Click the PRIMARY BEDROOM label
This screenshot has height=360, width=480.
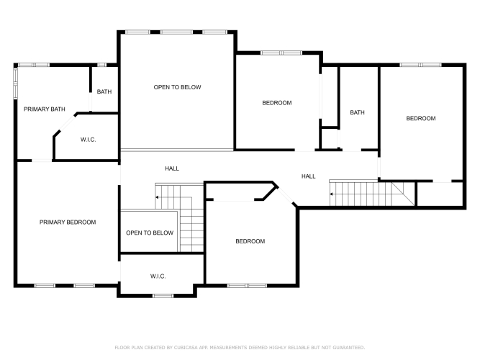(x=68, y=222)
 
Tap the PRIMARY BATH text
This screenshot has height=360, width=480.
(x=45, y=109)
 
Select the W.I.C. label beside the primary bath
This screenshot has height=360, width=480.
(x=89, y=140)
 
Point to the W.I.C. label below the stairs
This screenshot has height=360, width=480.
(x=158, y=276)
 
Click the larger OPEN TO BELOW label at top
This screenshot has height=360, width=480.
(x=177, y=87)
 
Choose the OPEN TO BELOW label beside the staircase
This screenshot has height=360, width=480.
(x=150, y=233)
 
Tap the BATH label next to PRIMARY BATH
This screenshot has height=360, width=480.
(x=104, y=91)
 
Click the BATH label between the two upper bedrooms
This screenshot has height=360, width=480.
(x=357, y=112)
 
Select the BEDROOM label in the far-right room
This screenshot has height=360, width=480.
(x=421, y=118)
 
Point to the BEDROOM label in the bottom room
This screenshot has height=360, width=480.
(x=250, y=241)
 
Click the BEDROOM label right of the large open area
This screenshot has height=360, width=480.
(x=277, y=103)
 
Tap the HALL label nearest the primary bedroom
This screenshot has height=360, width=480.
(x=172, y=168)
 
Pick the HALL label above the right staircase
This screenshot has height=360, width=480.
(x=309, y=176)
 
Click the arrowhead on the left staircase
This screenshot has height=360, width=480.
(x=157, y=197)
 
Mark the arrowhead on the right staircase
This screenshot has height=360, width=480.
(x=331, y=194)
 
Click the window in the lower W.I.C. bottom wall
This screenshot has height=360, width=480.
(x=163, y=296)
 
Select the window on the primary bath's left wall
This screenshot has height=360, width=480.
(x=15, y=83)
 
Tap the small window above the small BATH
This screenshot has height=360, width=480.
(x=101, y=65)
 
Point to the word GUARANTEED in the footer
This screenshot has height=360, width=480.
(x=349, y=348)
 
